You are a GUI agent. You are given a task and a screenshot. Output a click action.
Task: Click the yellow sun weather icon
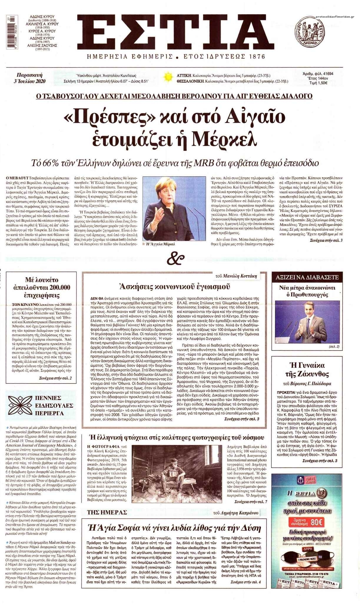[168, 78]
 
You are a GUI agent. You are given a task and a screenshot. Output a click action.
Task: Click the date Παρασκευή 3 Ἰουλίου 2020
[31, 78]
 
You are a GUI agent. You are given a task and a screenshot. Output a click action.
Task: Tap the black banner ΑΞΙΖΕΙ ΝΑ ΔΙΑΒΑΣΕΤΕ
[307, 277]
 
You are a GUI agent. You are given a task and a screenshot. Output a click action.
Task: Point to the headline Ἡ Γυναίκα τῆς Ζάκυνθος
[307, 370]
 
